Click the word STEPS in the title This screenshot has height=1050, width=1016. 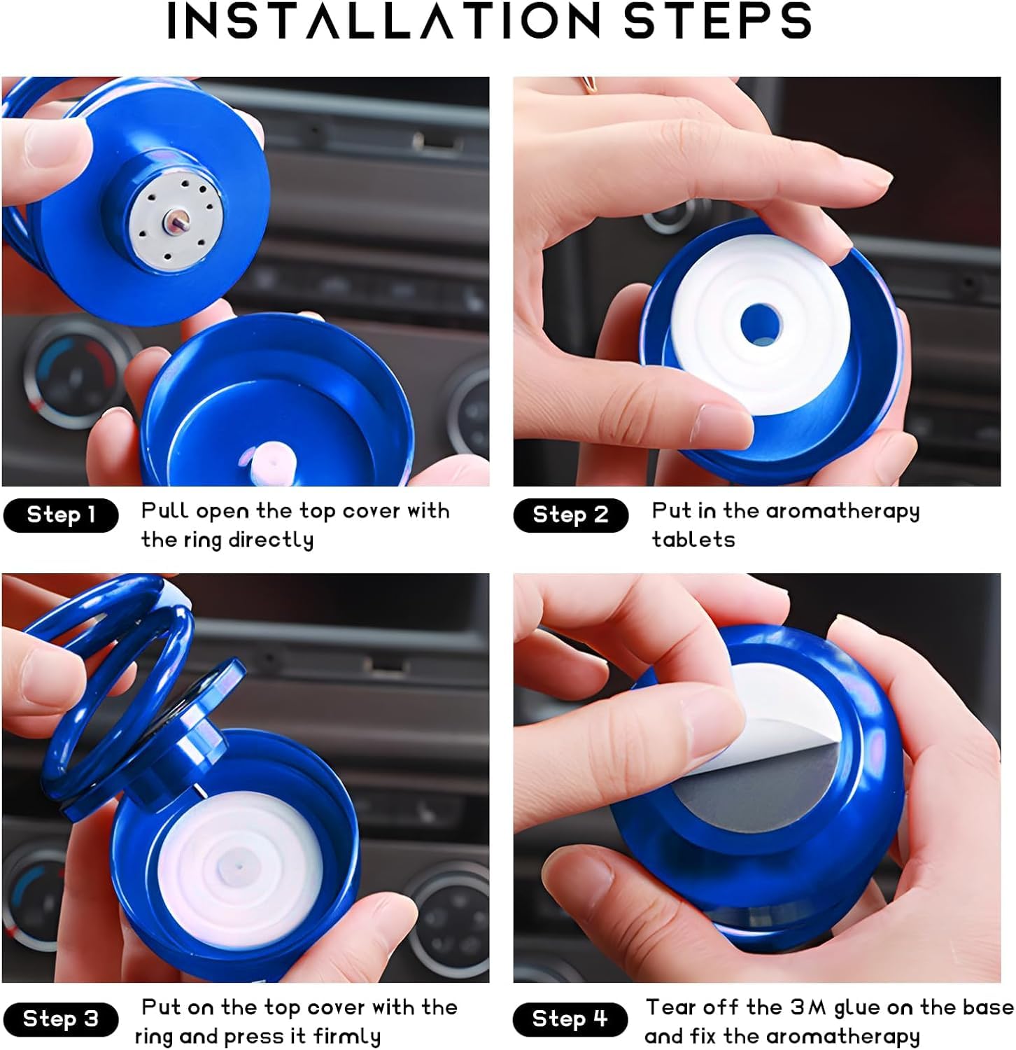(718, 20)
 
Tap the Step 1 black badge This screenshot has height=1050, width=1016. (61, 515)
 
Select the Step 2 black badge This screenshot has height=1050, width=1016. (571, 515)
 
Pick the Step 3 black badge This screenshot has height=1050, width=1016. (61, 1018)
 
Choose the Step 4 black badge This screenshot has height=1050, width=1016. (571, 1018)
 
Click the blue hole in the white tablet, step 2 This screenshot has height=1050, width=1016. (761, 325)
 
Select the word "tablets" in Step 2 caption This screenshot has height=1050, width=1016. (693, 540)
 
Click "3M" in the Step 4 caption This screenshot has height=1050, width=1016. (809, 1007)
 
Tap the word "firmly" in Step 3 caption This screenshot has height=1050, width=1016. (347, 1037)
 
